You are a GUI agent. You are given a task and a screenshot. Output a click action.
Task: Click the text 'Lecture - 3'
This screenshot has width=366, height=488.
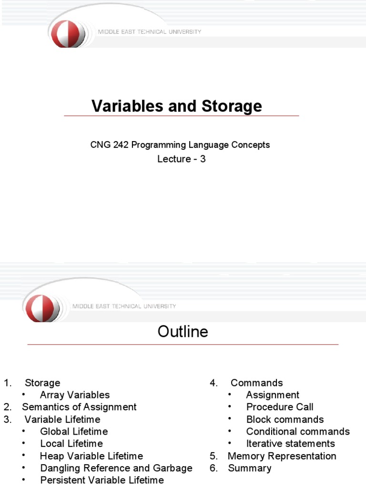tap(182, 159)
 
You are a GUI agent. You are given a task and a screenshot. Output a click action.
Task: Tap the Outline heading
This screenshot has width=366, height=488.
tap(183, 332)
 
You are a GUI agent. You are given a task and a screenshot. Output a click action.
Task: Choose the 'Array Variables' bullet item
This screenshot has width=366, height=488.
tap(75, 395)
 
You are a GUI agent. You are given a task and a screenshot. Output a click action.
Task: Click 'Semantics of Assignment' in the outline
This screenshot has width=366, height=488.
tap(79, 407)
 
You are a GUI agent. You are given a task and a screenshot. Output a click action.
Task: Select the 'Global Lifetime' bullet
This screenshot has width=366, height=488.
tap(74, 432)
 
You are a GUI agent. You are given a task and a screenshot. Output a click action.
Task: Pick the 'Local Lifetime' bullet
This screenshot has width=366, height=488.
tap(71, 444)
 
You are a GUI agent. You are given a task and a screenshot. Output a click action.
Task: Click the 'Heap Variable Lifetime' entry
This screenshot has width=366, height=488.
tap(91, 456)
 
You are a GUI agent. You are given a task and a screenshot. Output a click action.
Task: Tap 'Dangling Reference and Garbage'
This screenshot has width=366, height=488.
tap(116, 468)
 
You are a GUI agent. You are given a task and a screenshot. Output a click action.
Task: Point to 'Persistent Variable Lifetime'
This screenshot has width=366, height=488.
tap(102, 480)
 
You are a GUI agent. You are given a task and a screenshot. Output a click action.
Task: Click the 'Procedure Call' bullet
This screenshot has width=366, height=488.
tap(280, 407)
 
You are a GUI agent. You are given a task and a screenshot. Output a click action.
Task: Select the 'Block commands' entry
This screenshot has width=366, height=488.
tap(285, 420)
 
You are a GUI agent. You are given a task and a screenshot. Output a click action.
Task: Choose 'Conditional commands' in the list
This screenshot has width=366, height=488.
tap(298, 432)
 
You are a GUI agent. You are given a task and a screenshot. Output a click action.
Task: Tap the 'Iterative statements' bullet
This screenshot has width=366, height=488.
tap(291, 444)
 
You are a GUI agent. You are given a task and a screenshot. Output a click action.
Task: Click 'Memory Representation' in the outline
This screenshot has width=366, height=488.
tap(282, 456)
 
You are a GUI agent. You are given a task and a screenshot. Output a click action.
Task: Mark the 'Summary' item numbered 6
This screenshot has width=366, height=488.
tap(250, 468)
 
